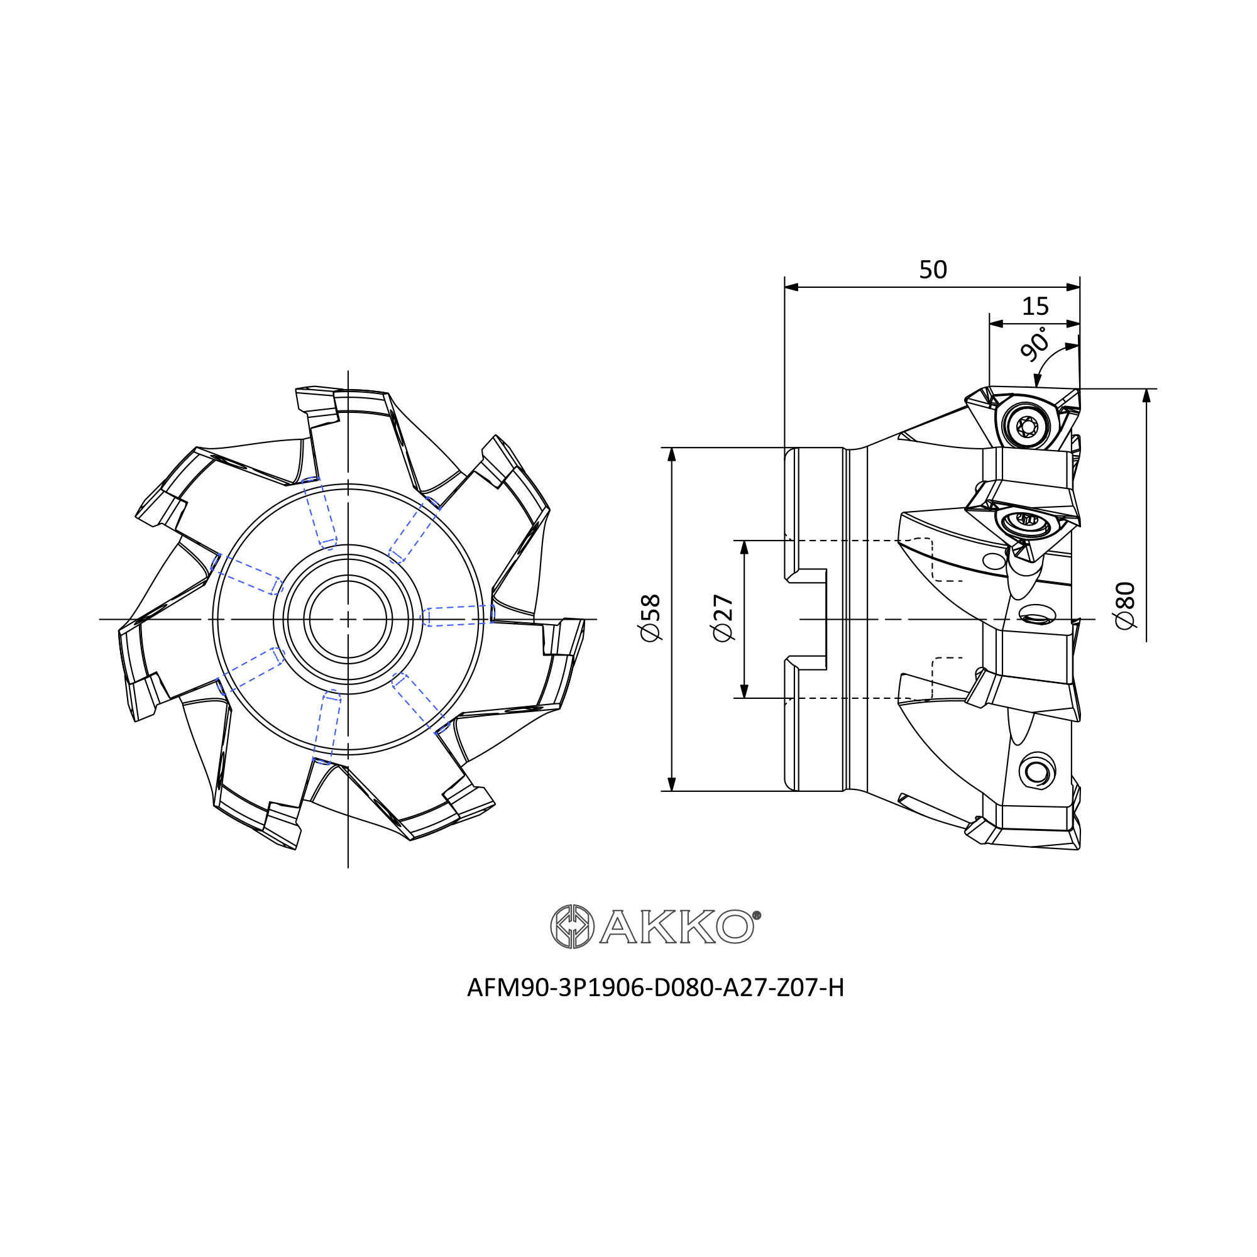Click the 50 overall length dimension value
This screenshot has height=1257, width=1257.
click(x=932, y=270)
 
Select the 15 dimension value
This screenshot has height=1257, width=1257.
click(x=1035, y=306)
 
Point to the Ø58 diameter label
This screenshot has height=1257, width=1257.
click(x=650, y=617)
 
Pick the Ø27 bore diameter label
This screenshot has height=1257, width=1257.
click(x=723, y=617)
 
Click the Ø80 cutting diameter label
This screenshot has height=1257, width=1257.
click(x=1125, y=605)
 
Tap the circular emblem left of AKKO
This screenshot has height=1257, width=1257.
click(x=572, y=926)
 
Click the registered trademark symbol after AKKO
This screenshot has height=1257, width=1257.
click(x=757, y=916)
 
